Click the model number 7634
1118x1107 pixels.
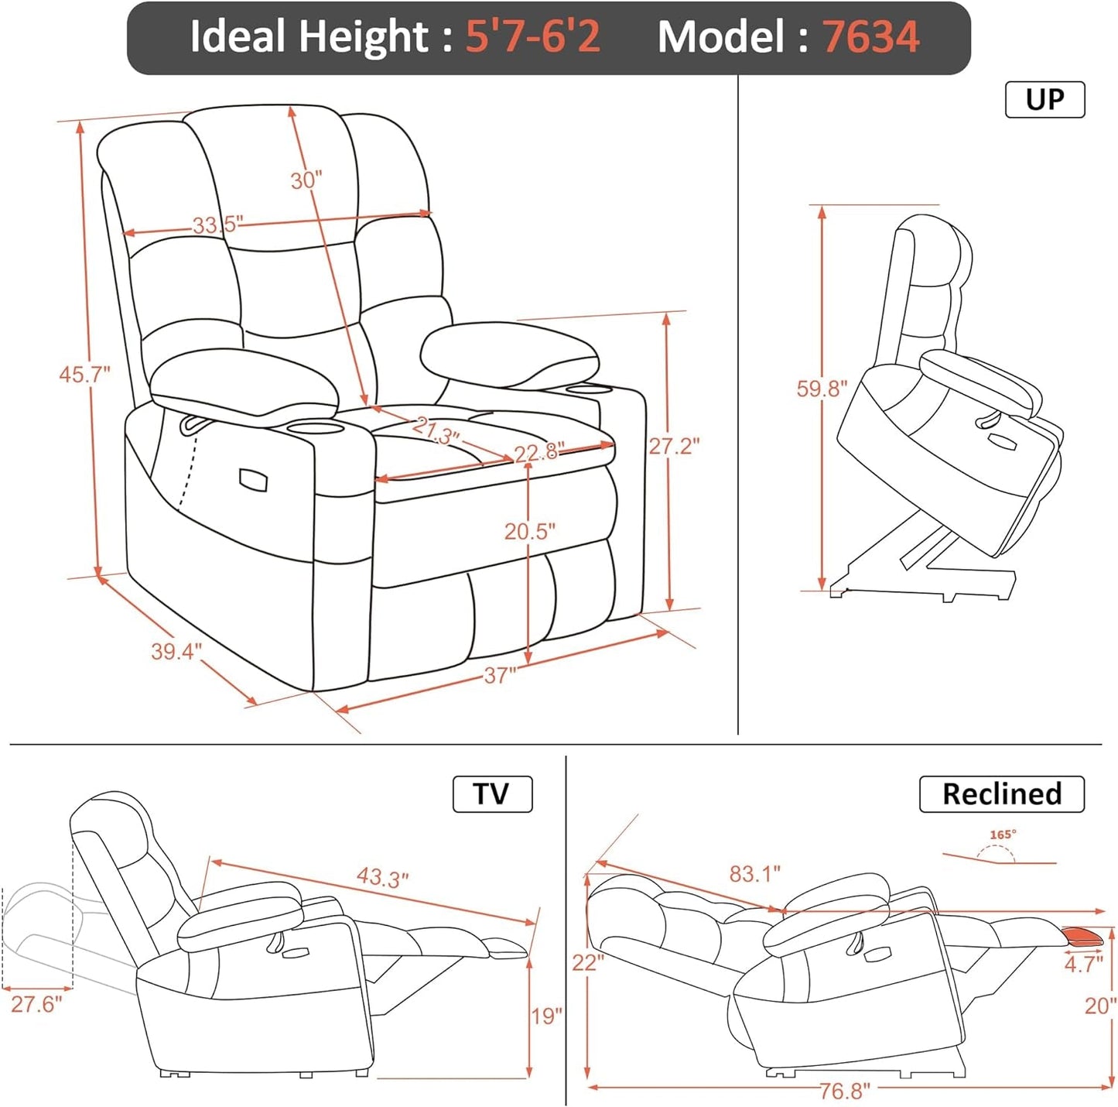870,36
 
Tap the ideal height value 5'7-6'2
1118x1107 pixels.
532,36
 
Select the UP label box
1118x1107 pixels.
1044,99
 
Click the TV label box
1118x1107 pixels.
492,793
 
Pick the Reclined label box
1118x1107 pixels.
1001,793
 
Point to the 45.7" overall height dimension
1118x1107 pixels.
84,375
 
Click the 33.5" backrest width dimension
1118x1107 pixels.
217,224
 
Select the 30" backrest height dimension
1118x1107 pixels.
306,180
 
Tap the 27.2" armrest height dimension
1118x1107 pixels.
674,446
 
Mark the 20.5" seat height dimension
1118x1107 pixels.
530,532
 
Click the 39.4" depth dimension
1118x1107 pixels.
176,651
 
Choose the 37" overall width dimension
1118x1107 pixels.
500,676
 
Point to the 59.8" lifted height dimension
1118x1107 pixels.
822,388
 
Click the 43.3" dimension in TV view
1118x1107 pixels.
382,877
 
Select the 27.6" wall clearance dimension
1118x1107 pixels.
36,1004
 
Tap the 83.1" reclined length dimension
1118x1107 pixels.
754,874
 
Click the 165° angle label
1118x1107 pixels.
1003,835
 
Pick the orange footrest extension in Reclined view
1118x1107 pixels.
1083,936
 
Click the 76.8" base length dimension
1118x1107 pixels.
844,1091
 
